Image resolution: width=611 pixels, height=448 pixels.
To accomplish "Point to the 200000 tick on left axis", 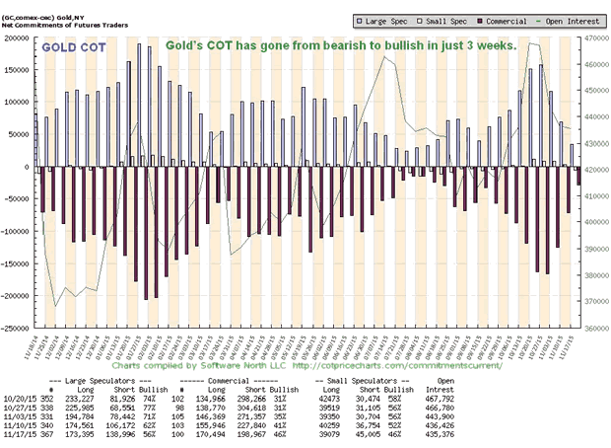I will [17, 37].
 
